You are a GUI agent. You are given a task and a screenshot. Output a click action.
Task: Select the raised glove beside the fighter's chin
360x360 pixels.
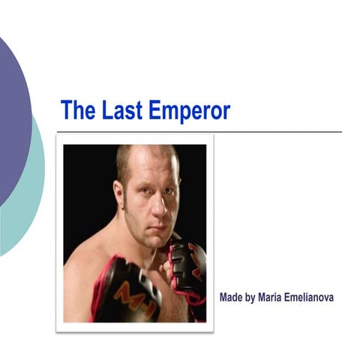tap(187, 266)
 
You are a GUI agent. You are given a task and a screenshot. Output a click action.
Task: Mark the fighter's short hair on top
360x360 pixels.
tap(146, 152)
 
